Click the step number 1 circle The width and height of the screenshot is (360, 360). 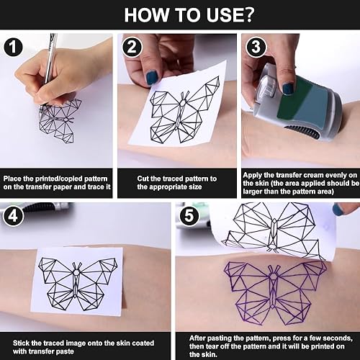pyautogui.click(x=13, y=47)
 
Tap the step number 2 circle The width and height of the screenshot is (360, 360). pyautogui.click(x=132, y=47)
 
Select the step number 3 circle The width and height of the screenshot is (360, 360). pyautogui.click(x=256, y=47)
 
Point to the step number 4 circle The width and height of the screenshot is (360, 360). pyautogui.click(x=13, y=216)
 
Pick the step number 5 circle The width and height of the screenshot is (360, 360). pyautogui.click(x=189, y=216)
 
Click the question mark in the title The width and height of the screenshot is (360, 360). pyautogui.click(x=246, y=15)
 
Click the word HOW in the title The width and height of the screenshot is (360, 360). pyautogui.click(x=147, y=15)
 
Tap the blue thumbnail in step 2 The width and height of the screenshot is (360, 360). pyautogui.click(x=152, y=77)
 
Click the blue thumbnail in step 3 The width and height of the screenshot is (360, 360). pyautogui.click(x=288, y=89)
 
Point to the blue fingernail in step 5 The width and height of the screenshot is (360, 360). pyautogui.click(x=338, y=210)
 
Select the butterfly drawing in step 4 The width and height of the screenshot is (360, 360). pyautogui.click(x=78, y=284)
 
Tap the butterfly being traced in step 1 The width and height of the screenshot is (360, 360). pyautogui.click(x=60, y=121)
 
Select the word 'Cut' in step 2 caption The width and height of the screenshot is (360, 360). pyautogui.click(x=143, y=179)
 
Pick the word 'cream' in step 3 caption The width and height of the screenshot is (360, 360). pyautogui.click(x=315, y=175)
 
